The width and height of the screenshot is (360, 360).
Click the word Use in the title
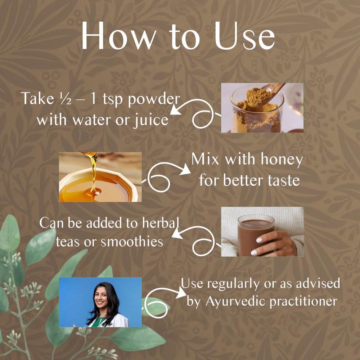pos(244,36)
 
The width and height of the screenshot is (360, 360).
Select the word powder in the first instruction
pos(154,99)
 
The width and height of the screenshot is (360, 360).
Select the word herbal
pos(160,223)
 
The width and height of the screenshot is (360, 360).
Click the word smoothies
pos(132,242)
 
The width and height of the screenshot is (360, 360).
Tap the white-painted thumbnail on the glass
pos(259,240)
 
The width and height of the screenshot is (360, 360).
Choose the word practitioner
pos(303,301)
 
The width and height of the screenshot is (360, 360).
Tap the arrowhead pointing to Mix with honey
pos(185,170)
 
